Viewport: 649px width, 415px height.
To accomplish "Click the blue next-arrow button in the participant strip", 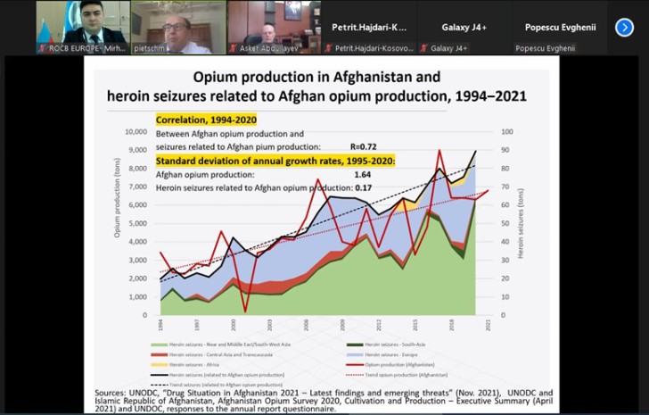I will click(x=624, y=27).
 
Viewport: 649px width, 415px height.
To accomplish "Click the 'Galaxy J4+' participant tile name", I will click(x=462, y=27).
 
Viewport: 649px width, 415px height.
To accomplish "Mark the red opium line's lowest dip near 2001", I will click(x=244, y=311).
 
